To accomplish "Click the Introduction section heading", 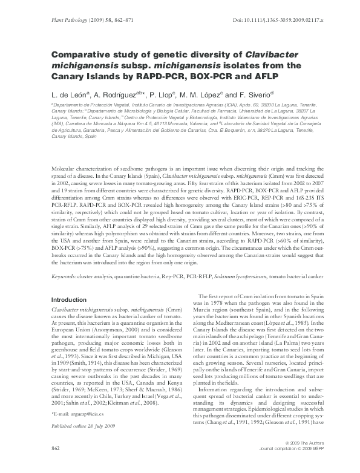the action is click(x=69, y=299).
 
